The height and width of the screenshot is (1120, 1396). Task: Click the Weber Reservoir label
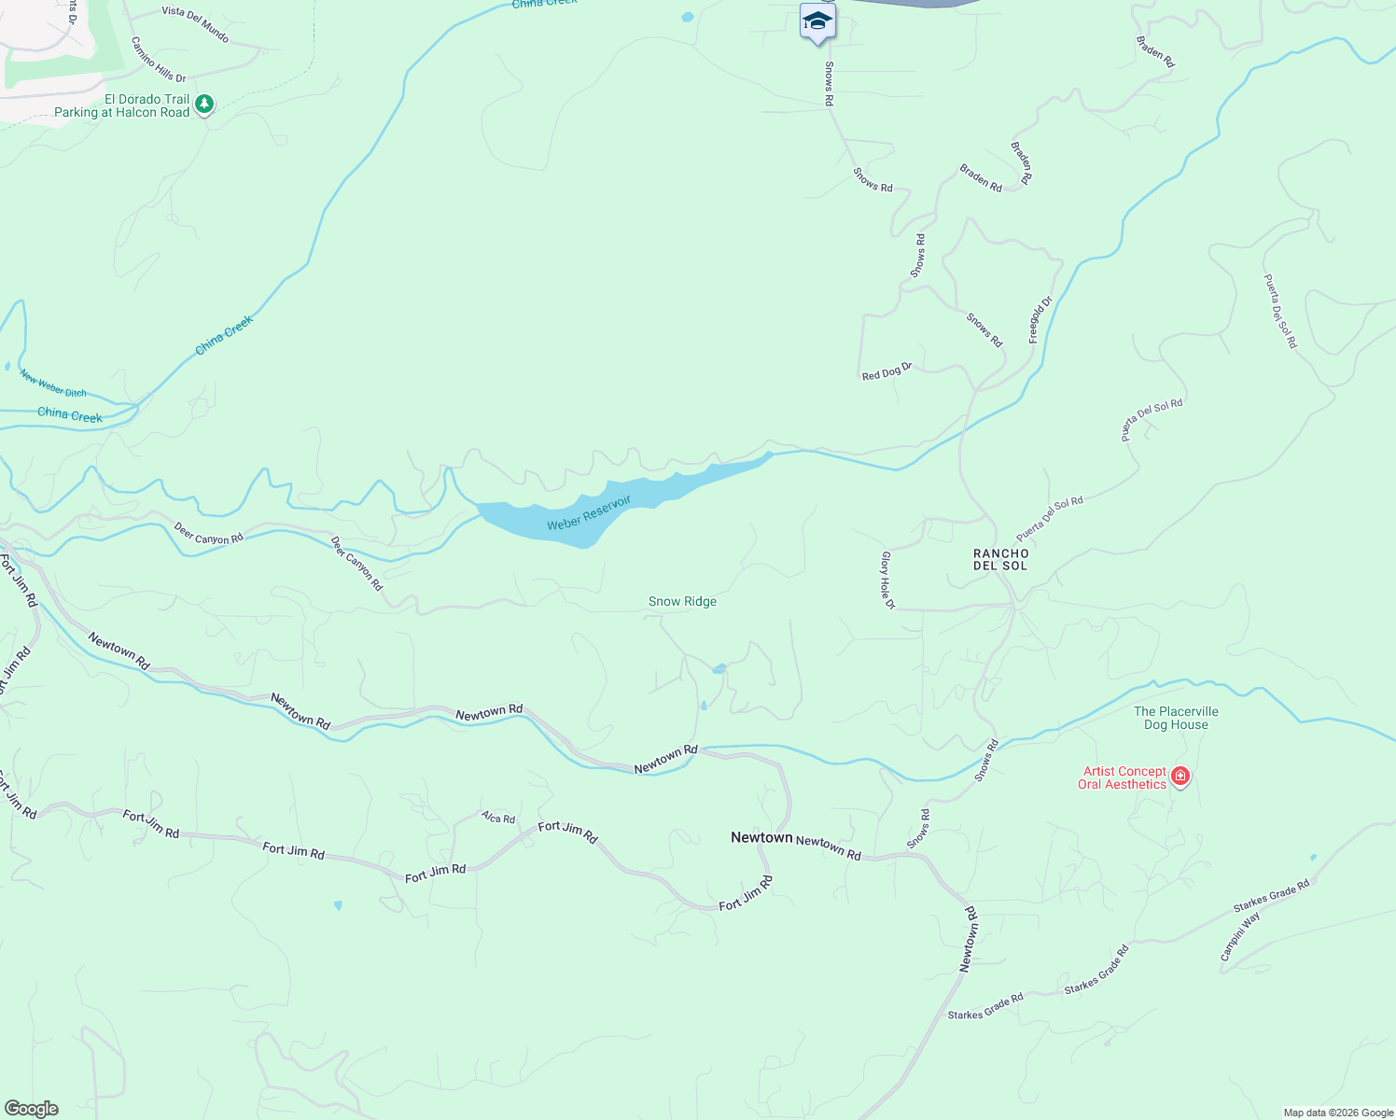tap(589, 512)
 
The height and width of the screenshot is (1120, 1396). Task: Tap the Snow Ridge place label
tap(682, 602)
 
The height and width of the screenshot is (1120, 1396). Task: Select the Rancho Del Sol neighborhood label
tap(1000, 559)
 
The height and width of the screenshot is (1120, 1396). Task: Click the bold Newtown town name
tap(761, 837)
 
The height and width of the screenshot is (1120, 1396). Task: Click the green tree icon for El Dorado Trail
tap(204, 104)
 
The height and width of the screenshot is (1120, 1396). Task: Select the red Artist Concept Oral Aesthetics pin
tap(1180, 777)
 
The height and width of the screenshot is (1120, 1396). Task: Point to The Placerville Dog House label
tap(1176, 718)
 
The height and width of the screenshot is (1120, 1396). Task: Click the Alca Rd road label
tap(498, 819)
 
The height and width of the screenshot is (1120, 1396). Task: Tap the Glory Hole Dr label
tap(887, 580)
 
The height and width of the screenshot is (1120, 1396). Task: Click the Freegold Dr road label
tap(1040, 319)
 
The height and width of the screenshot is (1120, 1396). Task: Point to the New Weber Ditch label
tap(53, 385)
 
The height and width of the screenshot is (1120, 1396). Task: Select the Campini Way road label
tap(1240, 935)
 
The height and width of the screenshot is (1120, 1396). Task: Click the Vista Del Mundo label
tap(195, 23)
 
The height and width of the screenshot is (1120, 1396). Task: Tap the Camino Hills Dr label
tap(159, 60)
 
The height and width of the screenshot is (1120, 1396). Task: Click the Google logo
tap(32, 1109)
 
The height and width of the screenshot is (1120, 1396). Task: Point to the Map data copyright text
tap(1337, 1113)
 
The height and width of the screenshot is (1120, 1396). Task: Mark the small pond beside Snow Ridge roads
tap(719, 668)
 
